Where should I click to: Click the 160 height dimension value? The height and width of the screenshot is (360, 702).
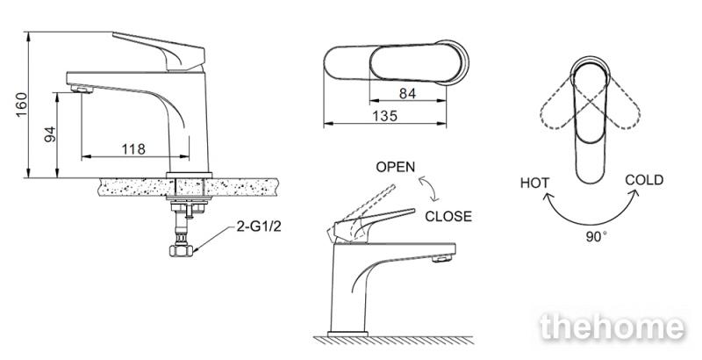click(x=21, y=104)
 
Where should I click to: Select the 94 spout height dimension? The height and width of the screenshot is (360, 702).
click(x=50, y=134)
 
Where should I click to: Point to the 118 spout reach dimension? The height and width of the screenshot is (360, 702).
click(x=133, y=148)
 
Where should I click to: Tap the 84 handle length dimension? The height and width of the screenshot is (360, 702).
click(x=407, y=94)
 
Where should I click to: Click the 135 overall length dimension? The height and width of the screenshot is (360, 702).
click(x=384, y=116)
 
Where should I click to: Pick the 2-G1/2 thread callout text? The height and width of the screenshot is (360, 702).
click(x=259, y=227)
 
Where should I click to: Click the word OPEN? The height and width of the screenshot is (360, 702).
click(x=396, y=167)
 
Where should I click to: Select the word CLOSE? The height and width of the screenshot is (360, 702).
click(x=448, y=216)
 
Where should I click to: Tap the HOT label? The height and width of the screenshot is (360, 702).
click(x=534, y=183)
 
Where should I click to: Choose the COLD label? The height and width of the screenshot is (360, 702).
click(x=644, y=180)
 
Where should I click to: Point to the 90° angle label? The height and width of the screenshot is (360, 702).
click(x=597, y=237)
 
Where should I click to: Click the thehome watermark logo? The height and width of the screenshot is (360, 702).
click(x=612, y=327)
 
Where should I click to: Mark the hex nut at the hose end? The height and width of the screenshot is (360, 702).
click(x=181, y=250)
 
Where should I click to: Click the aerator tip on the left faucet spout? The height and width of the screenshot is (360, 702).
click(x=82, y=89)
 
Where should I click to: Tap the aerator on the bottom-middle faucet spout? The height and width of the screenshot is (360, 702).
click(x=441, y=258)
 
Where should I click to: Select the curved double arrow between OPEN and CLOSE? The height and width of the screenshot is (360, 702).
click(x=428, y=189)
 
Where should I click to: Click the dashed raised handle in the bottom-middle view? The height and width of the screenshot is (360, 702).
click(x=365, y=211)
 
